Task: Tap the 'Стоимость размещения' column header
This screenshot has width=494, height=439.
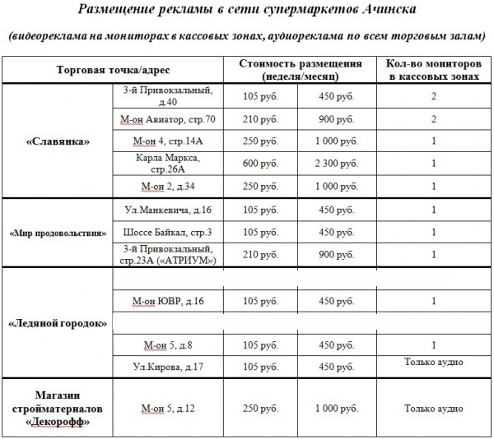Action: (x=300, y=69)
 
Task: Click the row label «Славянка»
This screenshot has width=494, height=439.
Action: (x=58, y=141)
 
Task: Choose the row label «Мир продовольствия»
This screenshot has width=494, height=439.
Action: (x=58, y=232)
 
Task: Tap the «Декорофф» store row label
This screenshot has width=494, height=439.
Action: (x=58, y=408)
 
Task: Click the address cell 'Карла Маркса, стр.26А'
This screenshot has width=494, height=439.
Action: (x=167, y=163)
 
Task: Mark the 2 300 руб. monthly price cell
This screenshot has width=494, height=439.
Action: (x=337, y=163)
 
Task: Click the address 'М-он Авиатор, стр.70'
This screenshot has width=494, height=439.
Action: (x=167, y=119)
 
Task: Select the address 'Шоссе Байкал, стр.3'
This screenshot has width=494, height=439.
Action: (x=167, y=232)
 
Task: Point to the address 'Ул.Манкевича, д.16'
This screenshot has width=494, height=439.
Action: (x=167, y=210)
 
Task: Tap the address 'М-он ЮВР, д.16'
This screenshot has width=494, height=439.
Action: (x=167, y=302)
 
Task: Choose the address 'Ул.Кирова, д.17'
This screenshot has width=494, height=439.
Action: (x=167, y=365)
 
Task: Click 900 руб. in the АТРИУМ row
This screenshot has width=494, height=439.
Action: (x=337, y=254)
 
